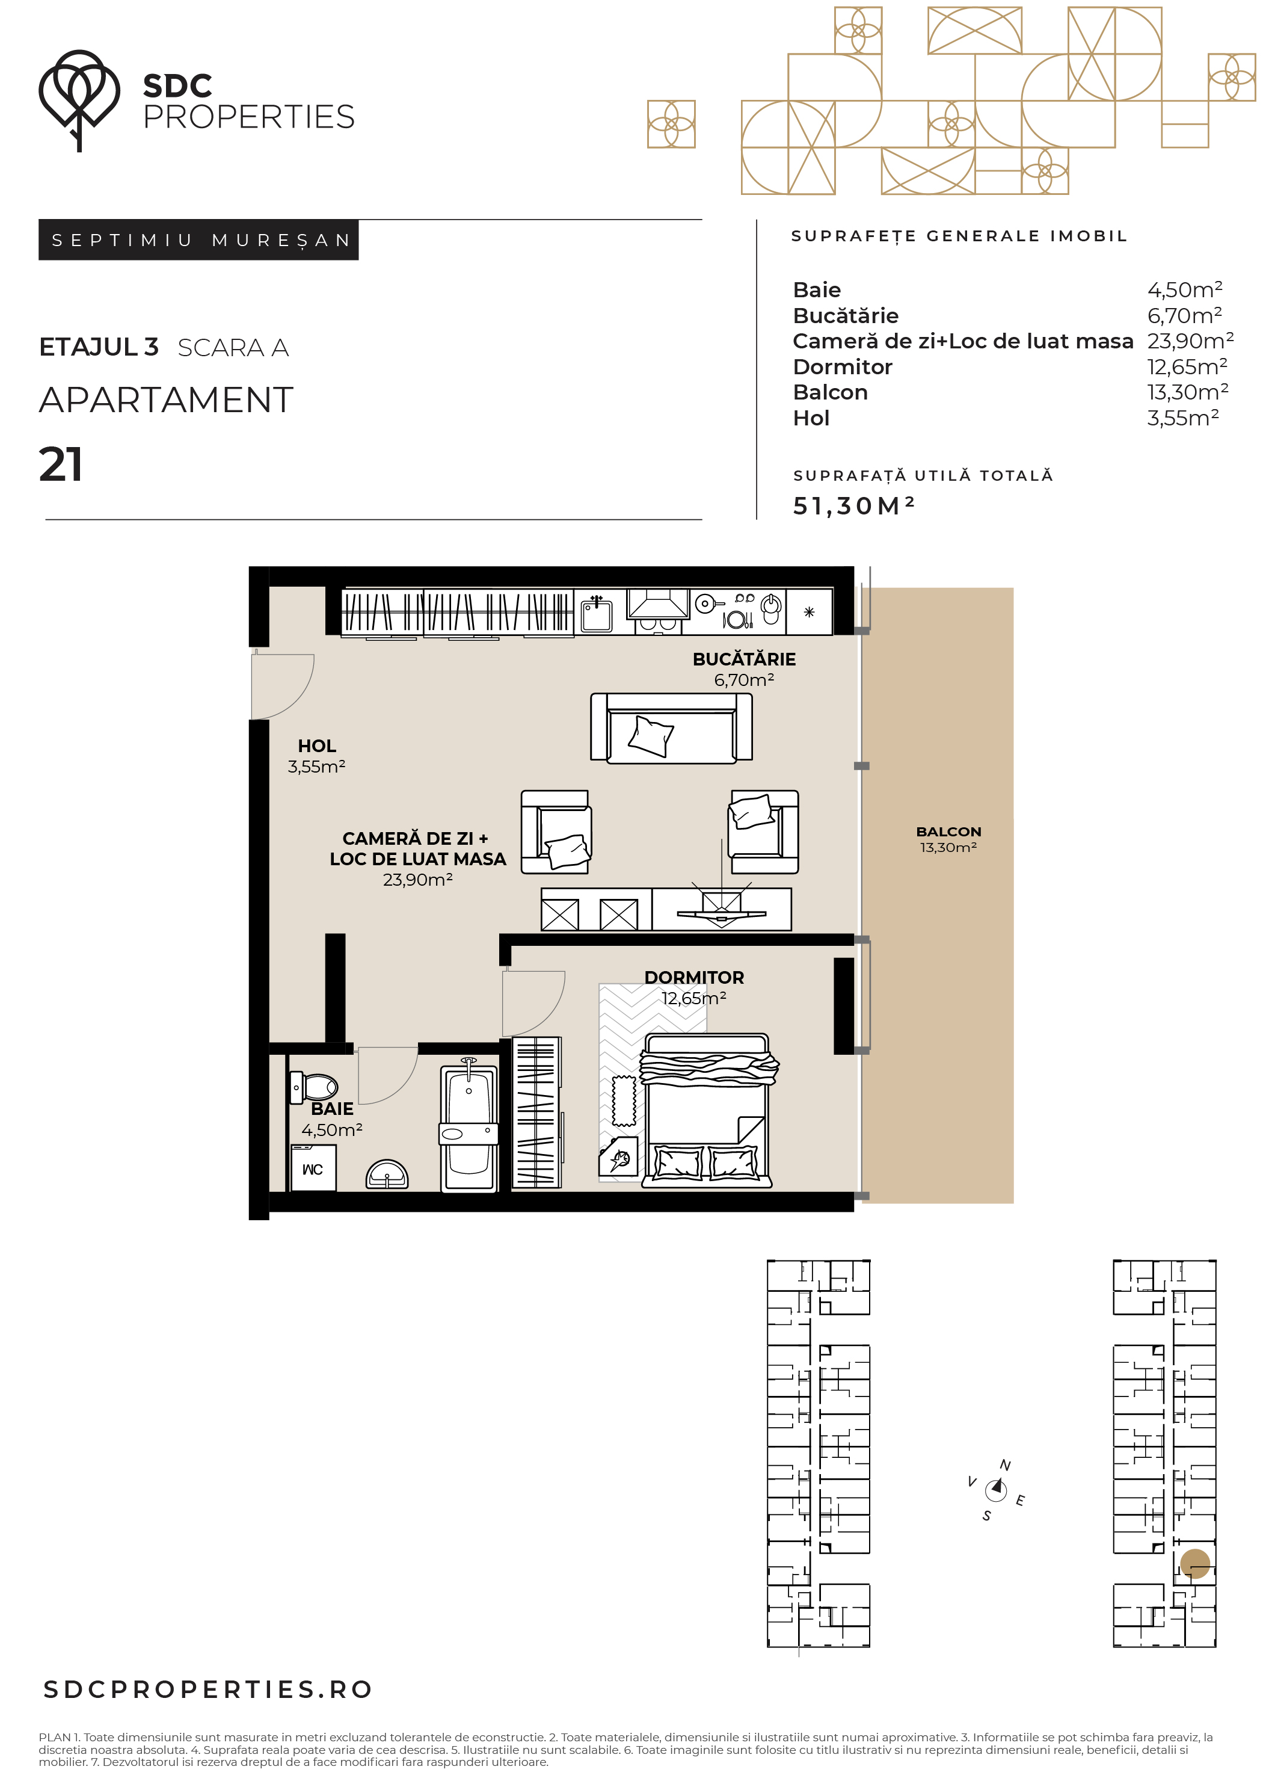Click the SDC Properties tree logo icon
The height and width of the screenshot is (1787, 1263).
pyautogui.click(x=79, y=100)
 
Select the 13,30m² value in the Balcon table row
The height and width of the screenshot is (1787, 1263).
pyautogui.click(x=1187, y=392)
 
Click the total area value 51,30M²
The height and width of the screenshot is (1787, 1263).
pyautogui.click(x=853, y=506)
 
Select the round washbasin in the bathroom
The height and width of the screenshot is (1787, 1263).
pyautogui.click(x=387, y=1174)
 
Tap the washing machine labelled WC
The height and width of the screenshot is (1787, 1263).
pyautogui.click(x=313, y=1167)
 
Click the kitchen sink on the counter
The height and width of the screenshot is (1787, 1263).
pyautogui.click(x=597, y=613)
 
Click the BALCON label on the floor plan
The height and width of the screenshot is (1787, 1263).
pyautogui.click(x=948, y=832)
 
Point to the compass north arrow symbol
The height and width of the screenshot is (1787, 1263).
pyautogui.click(x=996, y=1489)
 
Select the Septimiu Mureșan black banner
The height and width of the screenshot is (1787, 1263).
pyautogui.click(x=198, y=239)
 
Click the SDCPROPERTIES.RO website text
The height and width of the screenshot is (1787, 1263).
pyautogui.click(x=207, y=1689)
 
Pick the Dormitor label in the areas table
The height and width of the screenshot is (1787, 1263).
pyautogui.click(x=842, y=366)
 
